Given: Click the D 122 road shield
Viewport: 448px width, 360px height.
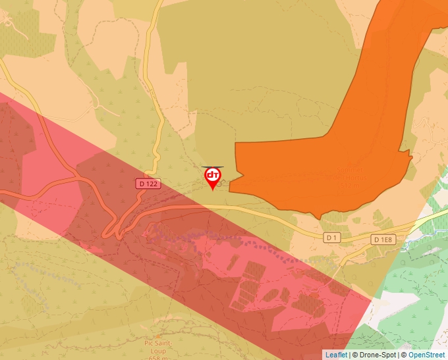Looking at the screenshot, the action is (149, 184).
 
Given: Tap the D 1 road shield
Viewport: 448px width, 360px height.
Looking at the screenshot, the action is (331, 237).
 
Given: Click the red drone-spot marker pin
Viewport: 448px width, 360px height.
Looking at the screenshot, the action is (213, 176).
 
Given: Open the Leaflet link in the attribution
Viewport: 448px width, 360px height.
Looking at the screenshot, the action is (336, 355).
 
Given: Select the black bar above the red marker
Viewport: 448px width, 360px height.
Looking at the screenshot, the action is (213, 167).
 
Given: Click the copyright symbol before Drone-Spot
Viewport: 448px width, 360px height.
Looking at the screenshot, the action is (355, 355).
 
